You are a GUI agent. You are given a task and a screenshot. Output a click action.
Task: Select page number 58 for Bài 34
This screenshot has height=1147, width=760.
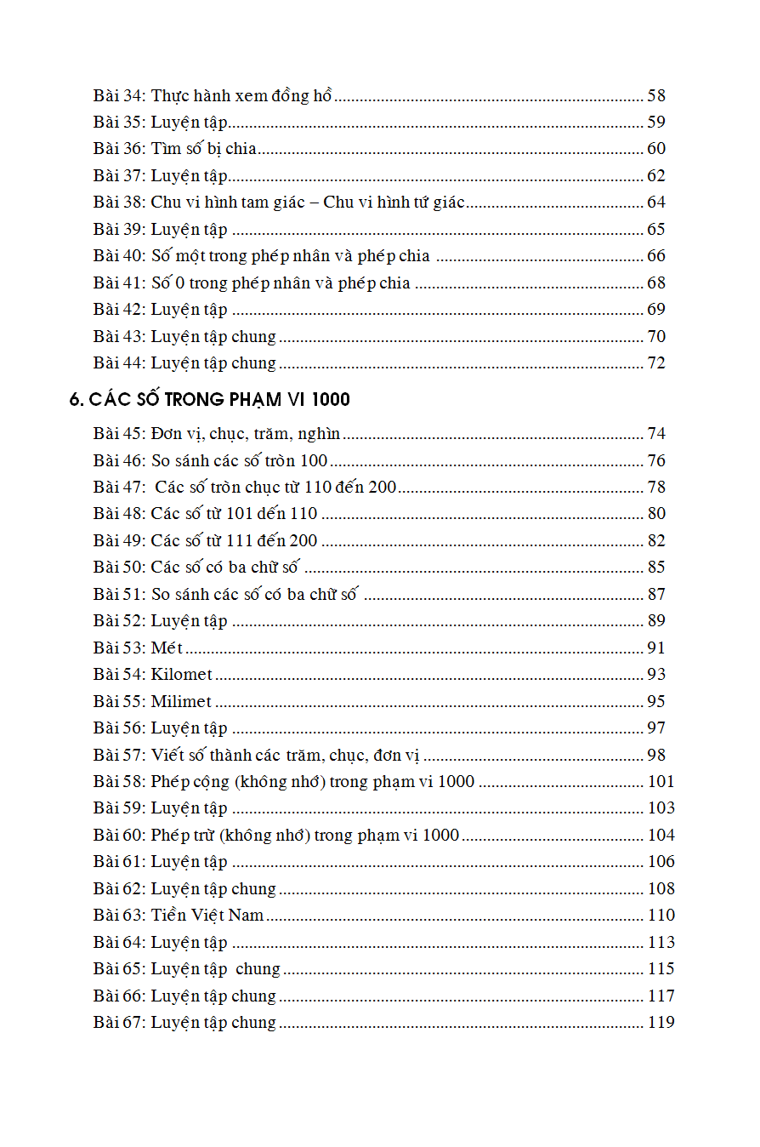coord(656,95)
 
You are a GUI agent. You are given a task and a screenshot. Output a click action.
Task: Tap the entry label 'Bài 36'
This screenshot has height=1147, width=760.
coord(118,149)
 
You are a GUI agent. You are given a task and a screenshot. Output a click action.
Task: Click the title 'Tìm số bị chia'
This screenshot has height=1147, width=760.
coord(204,149)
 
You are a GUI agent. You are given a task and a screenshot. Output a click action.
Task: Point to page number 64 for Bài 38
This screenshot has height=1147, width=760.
coord(656,203)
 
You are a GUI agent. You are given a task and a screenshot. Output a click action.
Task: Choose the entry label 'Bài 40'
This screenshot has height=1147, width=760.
coord(118,256)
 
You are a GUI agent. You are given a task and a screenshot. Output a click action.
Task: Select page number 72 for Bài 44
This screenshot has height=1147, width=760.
coord(656,363)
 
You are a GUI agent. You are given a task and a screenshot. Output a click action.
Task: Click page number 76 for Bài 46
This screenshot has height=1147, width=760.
coord(656,461)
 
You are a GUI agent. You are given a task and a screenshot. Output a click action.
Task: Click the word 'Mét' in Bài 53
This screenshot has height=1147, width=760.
coord(167,648)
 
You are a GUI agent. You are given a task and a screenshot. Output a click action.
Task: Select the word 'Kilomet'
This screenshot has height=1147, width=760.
coord(182,675)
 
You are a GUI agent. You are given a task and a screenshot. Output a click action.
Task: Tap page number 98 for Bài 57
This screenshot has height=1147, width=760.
coord(656,755)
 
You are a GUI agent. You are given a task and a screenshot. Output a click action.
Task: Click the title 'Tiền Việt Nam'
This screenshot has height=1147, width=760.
coord(207,916)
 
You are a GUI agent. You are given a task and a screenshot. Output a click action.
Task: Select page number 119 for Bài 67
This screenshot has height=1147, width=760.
coord(661,1022)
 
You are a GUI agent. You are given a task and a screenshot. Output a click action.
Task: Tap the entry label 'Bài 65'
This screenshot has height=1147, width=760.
coord(118,969)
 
